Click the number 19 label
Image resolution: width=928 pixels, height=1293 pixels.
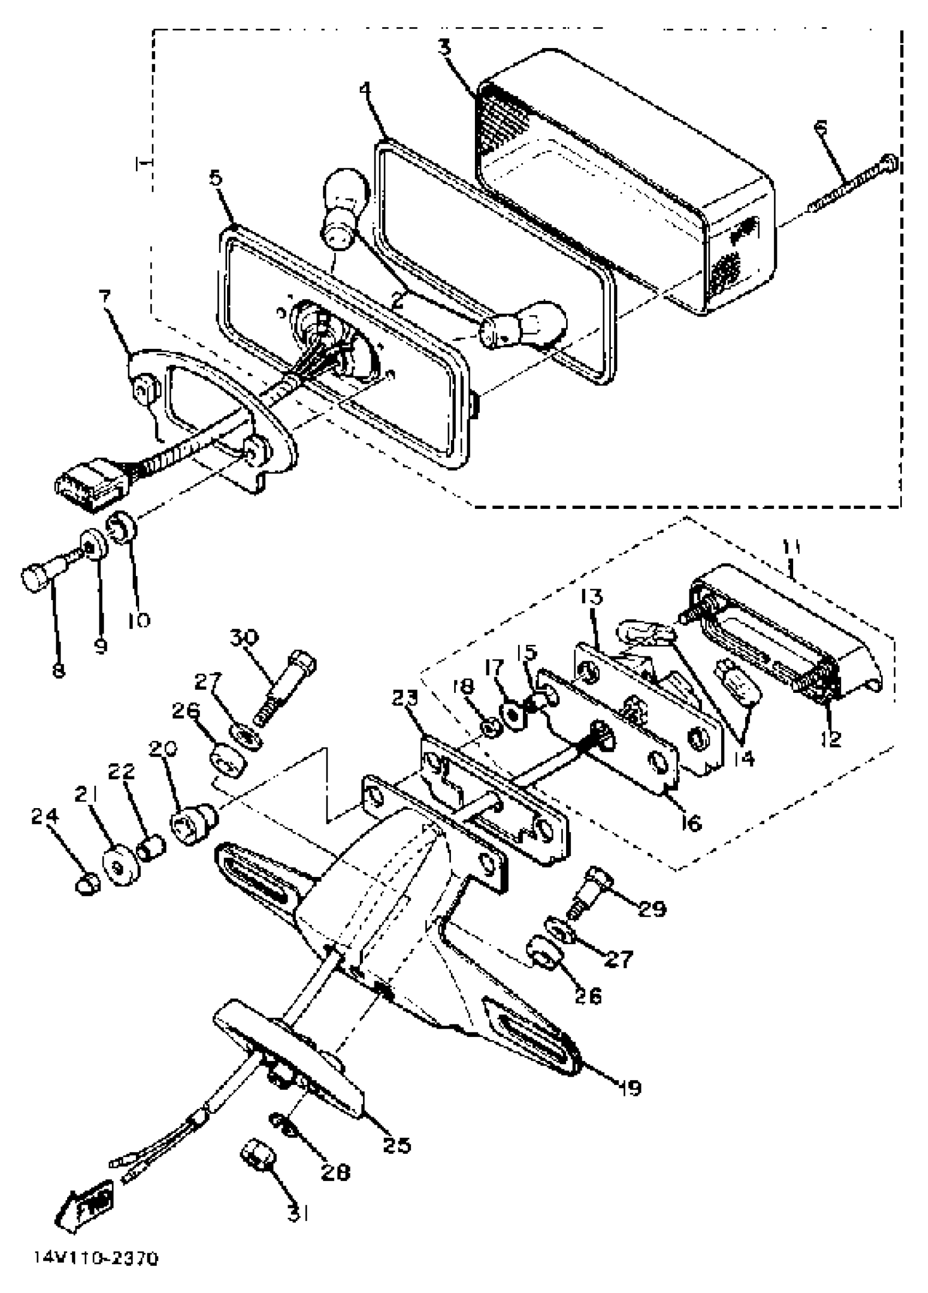point(631,1088)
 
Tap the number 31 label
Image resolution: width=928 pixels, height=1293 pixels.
point(298,1214)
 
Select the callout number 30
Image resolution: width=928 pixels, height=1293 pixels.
point(244,637)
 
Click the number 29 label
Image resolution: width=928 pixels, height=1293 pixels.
point(652,908)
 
